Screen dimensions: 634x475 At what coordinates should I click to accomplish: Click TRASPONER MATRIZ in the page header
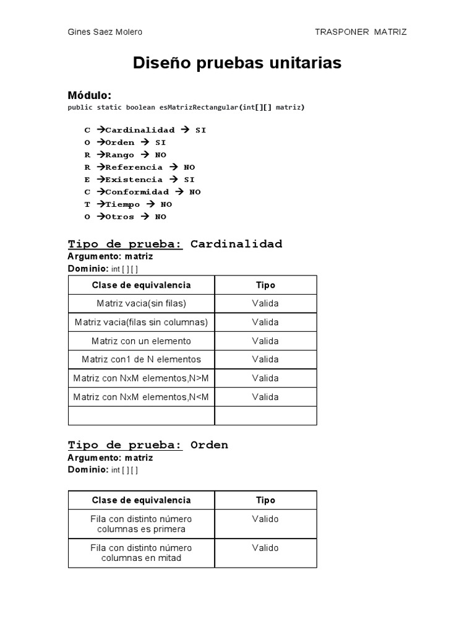[361, 32]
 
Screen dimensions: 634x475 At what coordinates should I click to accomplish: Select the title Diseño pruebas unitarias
[237, 63]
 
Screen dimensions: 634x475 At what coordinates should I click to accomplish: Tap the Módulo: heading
[89, 95]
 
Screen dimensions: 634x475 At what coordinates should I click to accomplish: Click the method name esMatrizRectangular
[199, 107]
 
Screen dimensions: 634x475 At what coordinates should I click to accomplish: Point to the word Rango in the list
[119, 155]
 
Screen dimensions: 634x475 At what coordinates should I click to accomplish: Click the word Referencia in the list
[134, 167]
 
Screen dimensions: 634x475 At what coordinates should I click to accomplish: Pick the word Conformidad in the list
[137, 192]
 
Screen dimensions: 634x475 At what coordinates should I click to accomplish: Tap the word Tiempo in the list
[122, 204]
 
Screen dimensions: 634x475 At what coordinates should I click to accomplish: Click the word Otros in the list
[119, 217]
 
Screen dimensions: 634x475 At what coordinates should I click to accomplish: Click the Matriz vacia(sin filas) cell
[141, 303]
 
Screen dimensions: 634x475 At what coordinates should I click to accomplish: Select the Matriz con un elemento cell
[141, 341]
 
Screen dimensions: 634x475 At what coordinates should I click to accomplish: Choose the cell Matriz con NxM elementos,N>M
[141, 378]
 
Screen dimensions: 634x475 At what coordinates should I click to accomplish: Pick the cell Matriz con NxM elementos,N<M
[141, 397]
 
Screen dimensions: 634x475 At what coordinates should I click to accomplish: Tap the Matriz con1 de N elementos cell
[141, 360]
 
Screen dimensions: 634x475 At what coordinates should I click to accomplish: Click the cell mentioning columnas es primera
[141, 524]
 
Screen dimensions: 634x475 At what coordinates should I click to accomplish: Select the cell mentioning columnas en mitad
[141, 553]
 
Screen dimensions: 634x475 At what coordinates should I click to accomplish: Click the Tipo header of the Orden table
[265, 500]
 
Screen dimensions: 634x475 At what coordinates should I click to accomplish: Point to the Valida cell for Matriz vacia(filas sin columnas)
[265, 323]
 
